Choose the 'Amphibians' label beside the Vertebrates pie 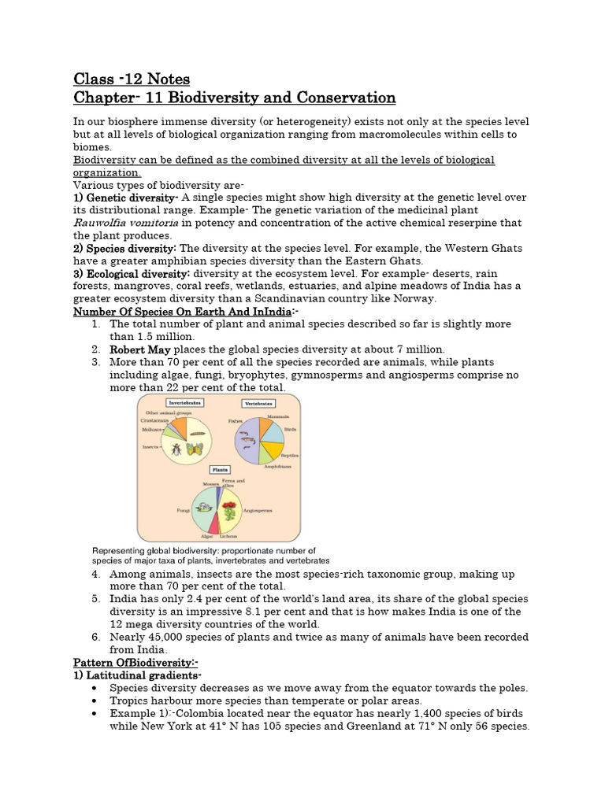(277, 466)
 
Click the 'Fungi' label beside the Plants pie (183, 510)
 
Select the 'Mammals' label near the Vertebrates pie (277, 416)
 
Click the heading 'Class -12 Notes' (132, 79)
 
